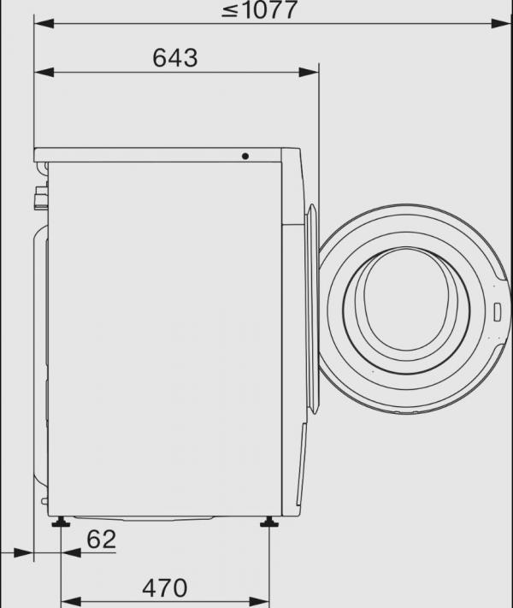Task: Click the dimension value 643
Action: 174,57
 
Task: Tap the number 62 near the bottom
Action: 101,540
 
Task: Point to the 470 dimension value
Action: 163,588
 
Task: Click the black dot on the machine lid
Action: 245,156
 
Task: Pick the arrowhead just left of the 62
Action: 72,553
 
